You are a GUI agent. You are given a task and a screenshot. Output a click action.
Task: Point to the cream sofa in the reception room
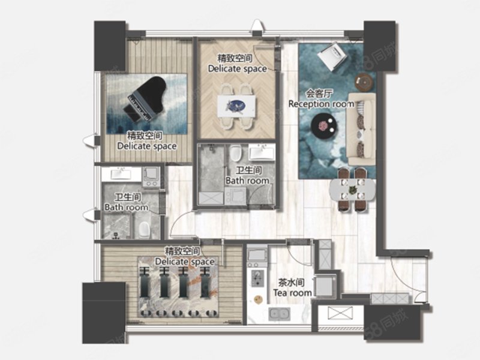[x=361, y=129]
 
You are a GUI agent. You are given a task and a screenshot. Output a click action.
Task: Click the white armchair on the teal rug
[x=332, y=56]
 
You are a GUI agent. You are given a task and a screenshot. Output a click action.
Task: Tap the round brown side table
[x=364, y=82]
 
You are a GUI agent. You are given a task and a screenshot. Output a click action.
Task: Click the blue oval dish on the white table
[x=235, y=106]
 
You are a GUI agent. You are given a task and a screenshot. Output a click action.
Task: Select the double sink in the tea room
[x=279, y=314]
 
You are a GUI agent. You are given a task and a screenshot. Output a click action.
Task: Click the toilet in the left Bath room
[x=144, y=230]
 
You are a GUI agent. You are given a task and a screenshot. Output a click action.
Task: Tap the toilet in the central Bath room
[x=236, y=153]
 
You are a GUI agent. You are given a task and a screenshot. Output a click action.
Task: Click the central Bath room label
[x=247, y=176]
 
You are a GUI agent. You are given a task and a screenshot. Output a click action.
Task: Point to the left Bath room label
[x=127, y=202]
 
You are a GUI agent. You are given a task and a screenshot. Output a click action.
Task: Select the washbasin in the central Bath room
[x=262, y=152]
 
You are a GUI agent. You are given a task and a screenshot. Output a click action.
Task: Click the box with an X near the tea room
[x=340, y=314]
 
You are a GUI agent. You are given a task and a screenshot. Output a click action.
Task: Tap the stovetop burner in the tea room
[x=258, y=278]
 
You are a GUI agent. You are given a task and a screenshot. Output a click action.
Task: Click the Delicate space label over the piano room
[x=147, y=141]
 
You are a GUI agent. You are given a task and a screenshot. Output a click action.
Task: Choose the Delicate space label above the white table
[x=237, y=64]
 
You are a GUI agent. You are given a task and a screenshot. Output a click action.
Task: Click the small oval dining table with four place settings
[x=352, y=190]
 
